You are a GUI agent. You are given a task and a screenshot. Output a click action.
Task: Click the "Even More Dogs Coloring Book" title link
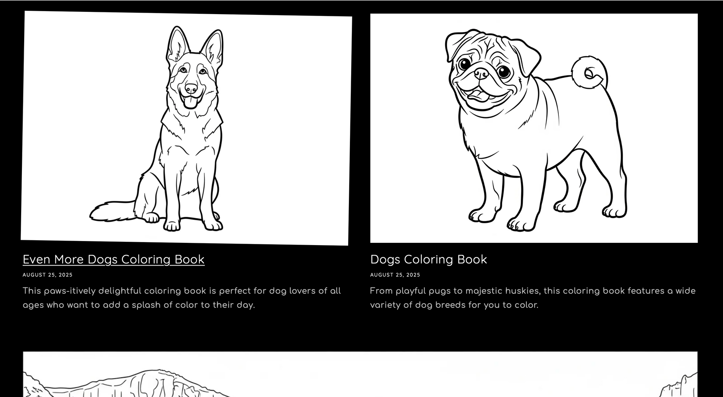[114, 260]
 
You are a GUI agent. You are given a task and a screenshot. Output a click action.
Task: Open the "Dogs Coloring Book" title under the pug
[428, 260]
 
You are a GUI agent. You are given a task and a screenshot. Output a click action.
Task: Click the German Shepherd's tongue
[191, 102]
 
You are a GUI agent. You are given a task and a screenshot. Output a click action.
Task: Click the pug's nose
[482, 74]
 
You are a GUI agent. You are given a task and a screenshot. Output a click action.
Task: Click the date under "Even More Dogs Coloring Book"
[48, 275]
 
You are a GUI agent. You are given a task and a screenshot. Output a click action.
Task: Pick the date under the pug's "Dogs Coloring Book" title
[395, 275]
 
